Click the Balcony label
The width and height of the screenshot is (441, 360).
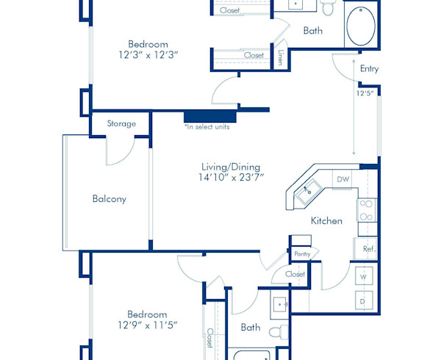pos(110,199)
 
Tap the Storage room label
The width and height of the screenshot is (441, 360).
pos(121,124)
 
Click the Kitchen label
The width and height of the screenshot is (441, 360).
pos(326,220)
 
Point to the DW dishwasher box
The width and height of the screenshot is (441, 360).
pos(343,179)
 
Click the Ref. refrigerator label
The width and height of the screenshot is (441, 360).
pos(368,250)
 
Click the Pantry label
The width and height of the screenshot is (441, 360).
pos(301,253)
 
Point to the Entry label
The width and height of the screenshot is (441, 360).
pos(369,69)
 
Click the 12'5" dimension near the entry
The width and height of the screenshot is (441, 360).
pos(365,93)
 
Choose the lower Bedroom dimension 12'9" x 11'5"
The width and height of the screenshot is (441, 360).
pos(147,325)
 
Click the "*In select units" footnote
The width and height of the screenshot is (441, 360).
pos(207,127)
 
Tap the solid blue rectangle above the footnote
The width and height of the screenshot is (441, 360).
pos(209,115)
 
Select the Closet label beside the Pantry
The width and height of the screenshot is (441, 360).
pos(295,274)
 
